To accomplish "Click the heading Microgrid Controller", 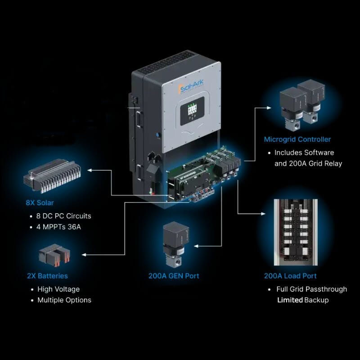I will tap(297, 139).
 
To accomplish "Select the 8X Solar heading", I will tap(40, 202).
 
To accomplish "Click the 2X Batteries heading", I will tap(47, 275).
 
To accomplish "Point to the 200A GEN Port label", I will tap(174, 275).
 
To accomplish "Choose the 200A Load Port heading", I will tap(290, 275).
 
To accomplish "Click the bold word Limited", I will tap(290, 300).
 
